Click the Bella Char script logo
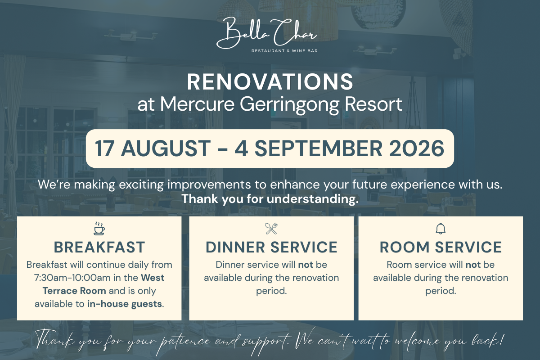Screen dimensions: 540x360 click(266, 33)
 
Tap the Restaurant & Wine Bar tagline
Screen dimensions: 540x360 click(284, 51)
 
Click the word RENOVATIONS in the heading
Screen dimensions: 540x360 click(270, 82)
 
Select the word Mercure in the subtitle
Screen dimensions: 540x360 click(197, 104)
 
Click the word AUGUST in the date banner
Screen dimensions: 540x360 click(166, 148)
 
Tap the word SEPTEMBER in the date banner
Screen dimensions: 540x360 click(319, 148)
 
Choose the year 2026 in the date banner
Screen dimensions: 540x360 click(416, 148)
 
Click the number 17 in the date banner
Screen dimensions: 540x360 click(104, 148)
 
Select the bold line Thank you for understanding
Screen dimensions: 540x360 click(270, 199)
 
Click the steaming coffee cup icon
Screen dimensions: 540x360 click(99, 228)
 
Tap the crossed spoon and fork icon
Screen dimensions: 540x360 click(271, 229)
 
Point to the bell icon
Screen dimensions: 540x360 click(441, 228)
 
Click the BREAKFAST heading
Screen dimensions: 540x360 click(99, 247)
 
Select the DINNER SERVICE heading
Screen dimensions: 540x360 click(271, 247)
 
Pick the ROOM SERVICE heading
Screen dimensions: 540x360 click(441, 247)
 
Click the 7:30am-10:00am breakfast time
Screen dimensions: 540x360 click(72, 278)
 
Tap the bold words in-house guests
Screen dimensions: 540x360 click(124, 304)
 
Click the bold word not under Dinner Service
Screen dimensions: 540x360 click(306, 265)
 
